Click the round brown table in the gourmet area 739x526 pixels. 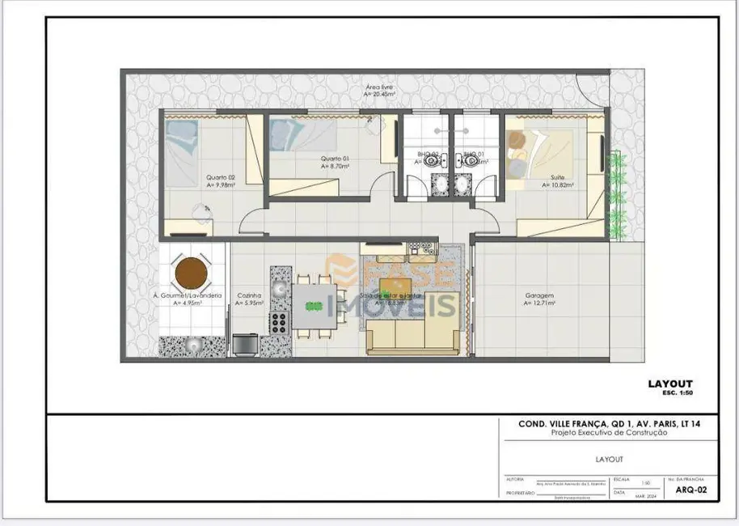(193, 273)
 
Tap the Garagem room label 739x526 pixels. (538, 296)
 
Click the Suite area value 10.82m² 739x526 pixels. (558, 185)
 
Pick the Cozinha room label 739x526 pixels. (247, 296)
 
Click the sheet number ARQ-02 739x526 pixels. (686, 490)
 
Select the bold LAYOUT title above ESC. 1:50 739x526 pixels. (670, 384)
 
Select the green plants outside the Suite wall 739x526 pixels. (618, 194)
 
